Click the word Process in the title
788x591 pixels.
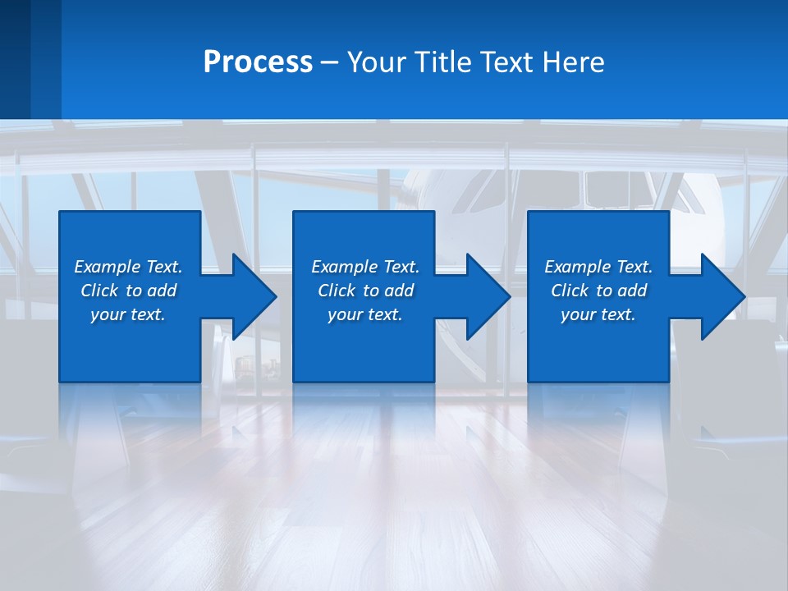tap(258, 62)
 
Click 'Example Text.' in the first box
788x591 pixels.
tap(128, 267)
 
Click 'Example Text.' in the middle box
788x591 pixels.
tap(365, 267)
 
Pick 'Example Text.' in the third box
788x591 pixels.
tap(598, 267)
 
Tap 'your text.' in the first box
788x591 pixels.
tap(128, 314)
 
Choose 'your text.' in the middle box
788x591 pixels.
tap(365, 314)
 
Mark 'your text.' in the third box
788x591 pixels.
tap(598, 314)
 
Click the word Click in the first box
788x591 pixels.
tap(99, 291)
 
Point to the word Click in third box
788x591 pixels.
tap(570, 291)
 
